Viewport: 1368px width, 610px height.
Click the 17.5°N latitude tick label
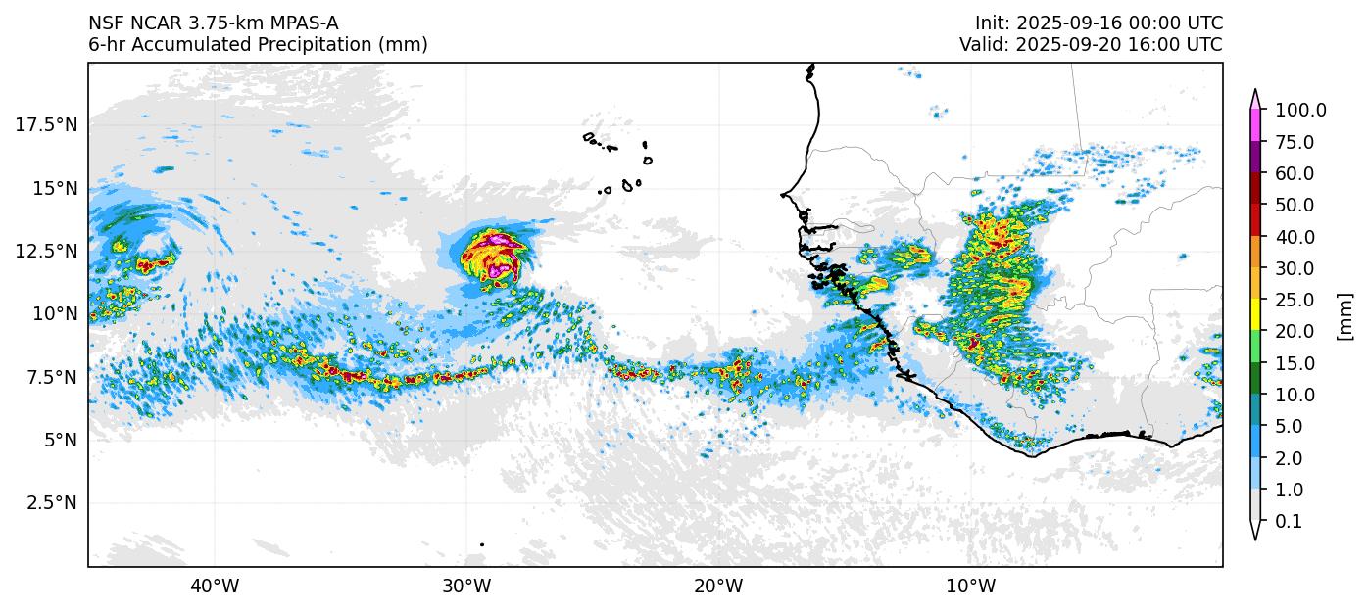click(48, 124)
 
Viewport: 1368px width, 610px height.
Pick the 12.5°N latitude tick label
click(48, 251)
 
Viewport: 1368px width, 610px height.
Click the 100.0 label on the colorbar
click(1300, 111)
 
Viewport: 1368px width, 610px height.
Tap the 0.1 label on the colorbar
click(1289, 522)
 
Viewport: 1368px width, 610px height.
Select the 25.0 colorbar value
click(1295, 300)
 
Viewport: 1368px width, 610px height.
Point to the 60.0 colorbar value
click(1295, 173)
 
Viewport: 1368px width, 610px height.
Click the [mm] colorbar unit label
click(1344, 315)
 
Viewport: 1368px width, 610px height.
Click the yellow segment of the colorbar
click(1254, 315)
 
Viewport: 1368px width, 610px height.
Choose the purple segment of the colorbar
click(1254, 158)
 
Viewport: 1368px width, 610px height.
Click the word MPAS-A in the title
click(298, 23)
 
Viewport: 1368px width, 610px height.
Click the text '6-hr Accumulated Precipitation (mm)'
click(258, 45)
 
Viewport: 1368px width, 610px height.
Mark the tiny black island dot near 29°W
click(482, 544)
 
